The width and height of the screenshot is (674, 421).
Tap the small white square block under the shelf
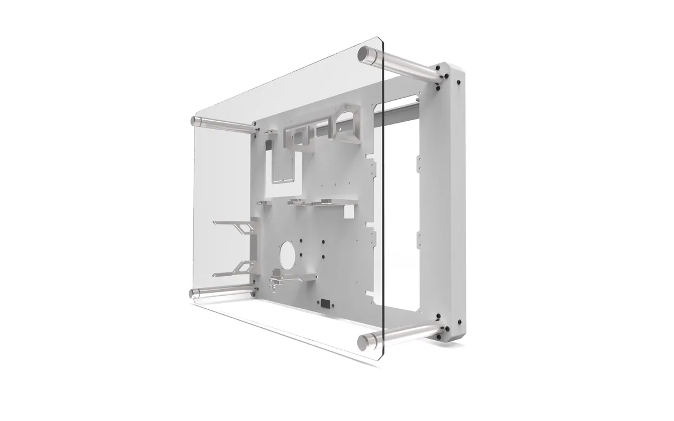[x=348, y=212]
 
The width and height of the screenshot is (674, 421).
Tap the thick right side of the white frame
[x=452, y=202]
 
